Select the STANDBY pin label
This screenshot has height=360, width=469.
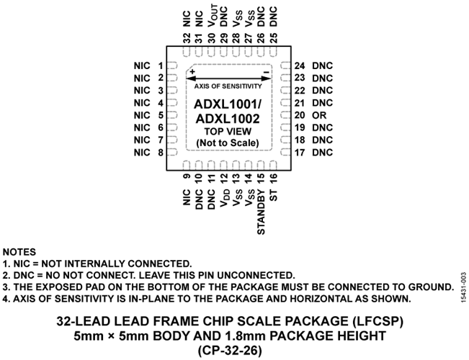(x=261, y=210)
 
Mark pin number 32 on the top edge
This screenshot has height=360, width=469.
(x=187, y=39)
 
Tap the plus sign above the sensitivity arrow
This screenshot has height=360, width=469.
(x=192, y=71)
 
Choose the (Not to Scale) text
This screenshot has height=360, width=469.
(x=228, y=143)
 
